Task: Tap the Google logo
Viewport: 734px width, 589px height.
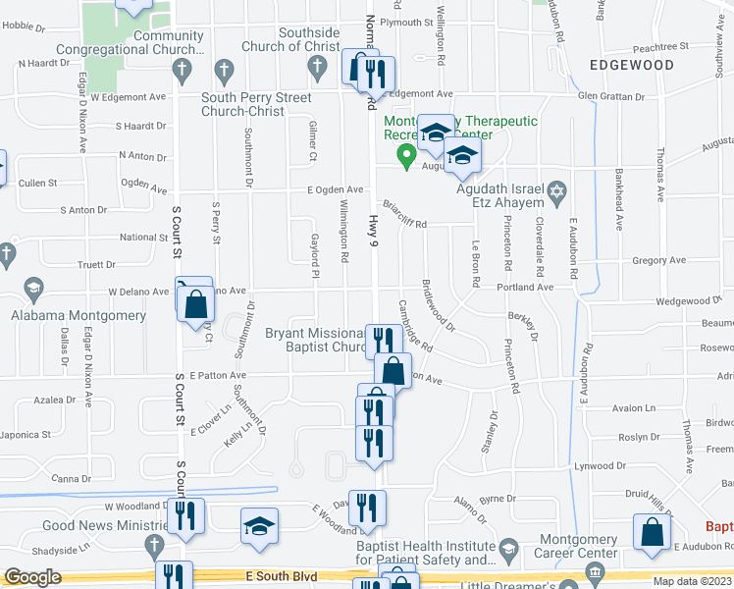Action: coord(33,577)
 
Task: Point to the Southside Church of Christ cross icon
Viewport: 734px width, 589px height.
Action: coord(316,67)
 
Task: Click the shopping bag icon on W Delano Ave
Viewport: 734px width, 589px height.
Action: coord(197,305)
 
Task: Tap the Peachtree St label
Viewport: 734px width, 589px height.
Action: coord(656,46)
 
